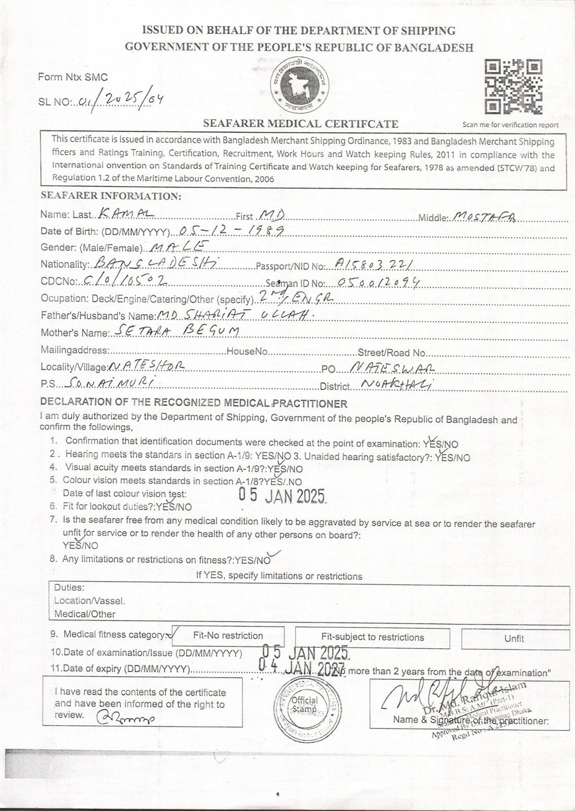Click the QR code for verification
513,87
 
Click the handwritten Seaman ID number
374,283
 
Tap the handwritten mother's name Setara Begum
175,331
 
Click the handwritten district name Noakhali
398,384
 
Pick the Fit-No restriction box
228,636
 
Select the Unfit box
514,639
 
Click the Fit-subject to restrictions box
372,638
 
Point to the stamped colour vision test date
282,495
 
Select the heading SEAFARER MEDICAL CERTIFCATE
300,123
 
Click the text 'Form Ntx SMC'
73,77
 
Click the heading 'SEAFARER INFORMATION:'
111,196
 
